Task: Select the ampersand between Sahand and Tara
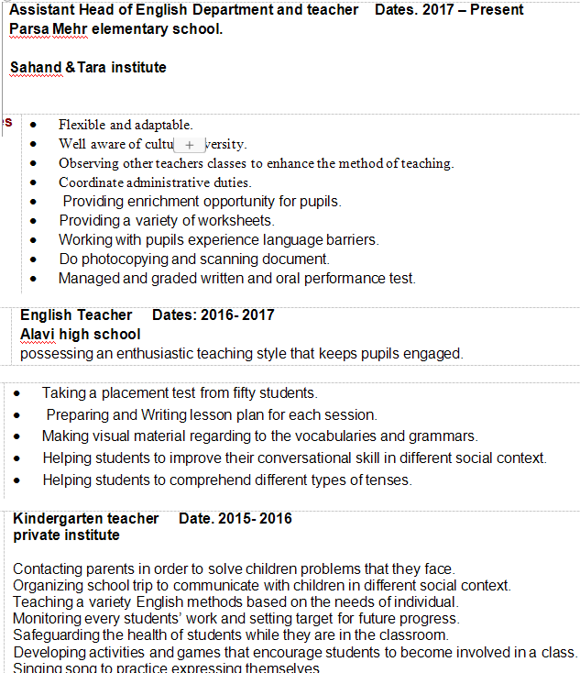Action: click(x=69, y=68)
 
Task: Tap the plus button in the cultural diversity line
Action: click(x=190, y=145)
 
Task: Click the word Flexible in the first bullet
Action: click(x=82, y=125)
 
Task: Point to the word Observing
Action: click(x=87, y=163)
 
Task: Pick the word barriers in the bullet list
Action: click(x=347, y=239)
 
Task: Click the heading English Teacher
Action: click(x=76, y=315)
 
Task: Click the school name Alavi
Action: click(x=39, y=335)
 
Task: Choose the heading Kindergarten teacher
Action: click(x=86, y=519)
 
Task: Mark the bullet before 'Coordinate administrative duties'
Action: click(x=34, y=182)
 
